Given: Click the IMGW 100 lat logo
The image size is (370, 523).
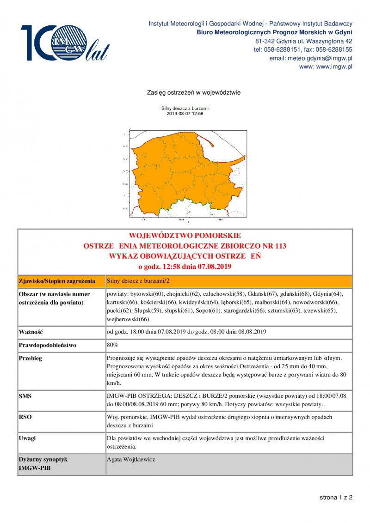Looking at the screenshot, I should pyautogui.click(x=65, y=43).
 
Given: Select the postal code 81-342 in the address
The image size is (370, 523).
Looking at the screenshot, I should pyautogui.click(x=264, y=41).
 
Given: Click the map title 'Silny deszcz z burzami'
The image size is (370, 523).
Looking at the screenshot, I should pyautogui.click(x=185, y=108).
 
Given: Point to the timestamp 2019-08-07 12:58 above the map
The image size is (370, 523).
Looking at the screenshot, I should pyautogui.click(x=185, y=113).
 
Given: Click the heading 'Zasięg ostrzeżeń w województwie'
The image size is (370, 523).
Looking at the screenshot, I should pyautogui.click(x=193, y=92).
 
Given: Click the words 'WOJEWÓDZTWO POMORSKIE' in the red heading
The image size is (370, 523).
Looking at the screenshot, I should pyautogui.click(x=185, y=236).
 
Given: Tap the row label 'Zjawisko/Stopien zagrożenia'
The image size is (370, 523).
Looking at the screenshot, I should pyautogui.click(x=57, y=281).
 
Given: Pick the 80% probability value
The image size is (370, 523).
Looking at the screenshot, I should pyautogui.click(x=112, y=345).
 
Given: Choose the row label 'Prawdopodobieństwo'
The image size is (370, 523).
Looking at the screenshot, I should pyautogui.click(x=47, y=345).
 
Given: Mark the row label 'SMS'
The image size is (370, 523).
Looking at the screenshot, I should pyautogui.click(x=25, y=396).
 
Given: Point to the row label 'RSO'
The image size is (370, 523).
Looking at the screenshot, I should pyautogui.click(x=25, y=417).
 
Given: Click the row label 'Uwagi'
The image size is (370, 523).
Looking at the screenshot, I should pyautogui.click(x=27, y=438).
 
